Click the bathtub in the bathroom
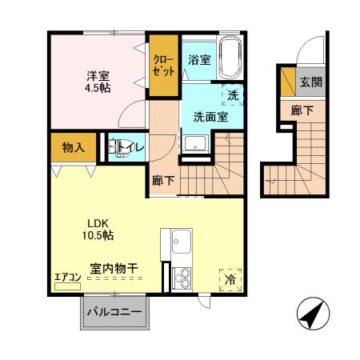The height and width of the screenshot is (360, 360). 231,58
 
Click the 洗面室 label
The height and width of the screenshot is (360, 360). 210,117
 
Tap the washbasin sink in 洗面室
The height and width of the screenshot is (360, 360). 194,144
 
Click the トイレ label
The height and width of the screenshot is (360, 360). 130,147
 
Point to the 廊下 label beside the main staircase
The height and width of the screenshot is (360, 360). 162,180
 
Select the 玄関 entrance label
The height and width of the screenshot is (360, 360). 310,82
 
